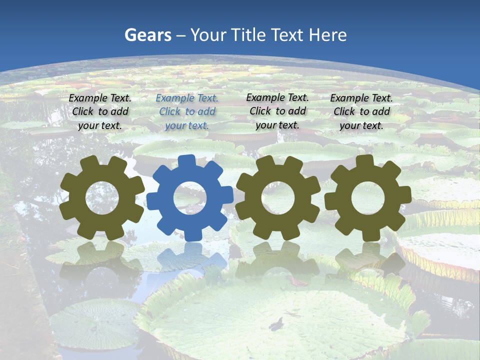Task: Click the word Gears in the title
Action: tap(147, 35)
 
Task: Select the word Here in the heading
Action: tap(327, 35)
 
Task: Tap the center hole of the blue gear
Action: tap(190, 198)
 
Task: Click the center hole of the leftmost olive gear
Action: tap(102, 197)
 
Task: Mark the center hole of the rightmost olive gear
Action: tap(367, 198)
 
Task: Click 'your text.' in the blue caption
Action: tap(187, 125)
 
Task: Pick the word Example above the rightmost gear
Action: tap(349, 98)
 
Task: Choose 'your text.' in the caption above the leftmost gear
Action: tap(100, 125)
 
